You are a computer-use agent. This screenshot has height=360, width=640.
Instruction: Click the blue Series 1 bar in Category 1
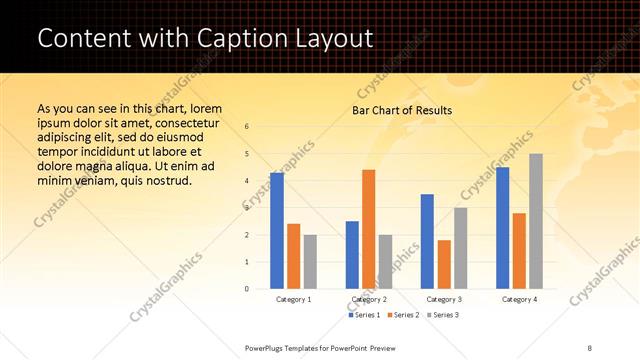pyautogui.click(x=277, y=231)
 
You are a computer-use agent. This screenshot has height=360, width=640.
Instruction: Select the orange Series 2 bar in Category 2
pyautogui.click(x=368, y=229)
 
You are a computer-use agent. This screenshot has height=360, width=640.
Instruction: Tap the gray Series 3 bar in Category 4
pyautogui.click(x=536, y=221)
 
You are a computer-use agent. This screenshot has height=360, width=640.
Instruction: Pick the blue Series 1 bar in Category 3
pyautogui.click(x=427, y=241)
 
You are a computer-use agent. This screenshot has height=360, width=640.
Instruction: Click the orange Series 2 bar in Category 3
pyautogui.click(x=444, y=264)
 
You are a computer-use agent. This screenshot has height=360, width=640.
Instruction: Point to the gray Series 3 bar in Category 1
pyautogui.click(x=310, y=262)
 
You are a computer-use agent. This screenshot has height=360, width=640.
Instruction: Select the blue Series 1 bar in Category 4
pyautogui.click(x=503, y=228)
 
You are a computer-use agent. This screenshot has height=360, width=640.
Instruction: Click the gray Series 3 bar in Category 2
pyautogui.click(x=385, y=262)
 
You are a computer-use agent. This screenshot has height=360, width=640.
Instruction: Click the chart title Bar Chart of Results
pyautogui.click(x=402, y=110)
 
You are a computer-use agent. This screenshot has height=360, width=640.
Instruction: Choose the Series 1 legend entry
pyautogui.click(x=364, y=315)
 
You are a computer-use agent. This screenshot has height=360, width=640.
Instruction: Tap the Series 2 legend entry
pyautogui.click(x=402, y=315)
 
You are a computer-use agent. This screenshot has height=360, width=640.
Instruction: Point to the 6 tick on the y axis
pyautogui.click(x=247, y=127)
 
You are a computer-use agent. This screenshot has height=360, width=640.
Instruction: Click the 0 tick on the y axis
pyautogui.click(x=247, y=289)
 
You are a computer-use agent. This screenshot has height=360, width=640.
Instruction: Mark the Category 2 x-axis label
pyautogui.click(x=369, y=299)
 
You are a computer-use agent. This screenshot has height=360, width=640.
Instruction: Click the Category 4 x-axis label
pyautogui.click(x=519, y=299)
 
